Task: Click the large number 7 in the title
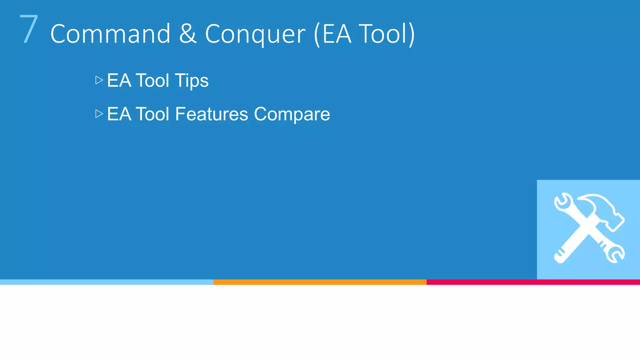point(29,29)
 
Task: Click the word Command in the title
point(110,34)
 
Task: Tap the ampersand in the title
point(188,34)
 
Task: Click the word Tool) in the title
point(387,34)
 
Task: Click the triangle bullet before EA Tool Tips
point(99,80)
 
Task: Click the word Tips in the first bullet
point(192,81)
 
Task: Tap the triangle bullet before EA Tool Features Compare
point(99,114)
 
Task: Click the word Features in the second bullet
point(212,114)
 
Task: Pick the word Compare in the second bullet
point(292,115)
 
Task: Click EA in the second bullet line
point(119,114)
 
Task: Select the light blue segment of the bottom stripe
point(106,282)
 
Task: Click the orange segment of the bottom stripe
point(320,282)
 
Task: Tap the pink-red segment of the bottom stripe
point(533,282)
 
